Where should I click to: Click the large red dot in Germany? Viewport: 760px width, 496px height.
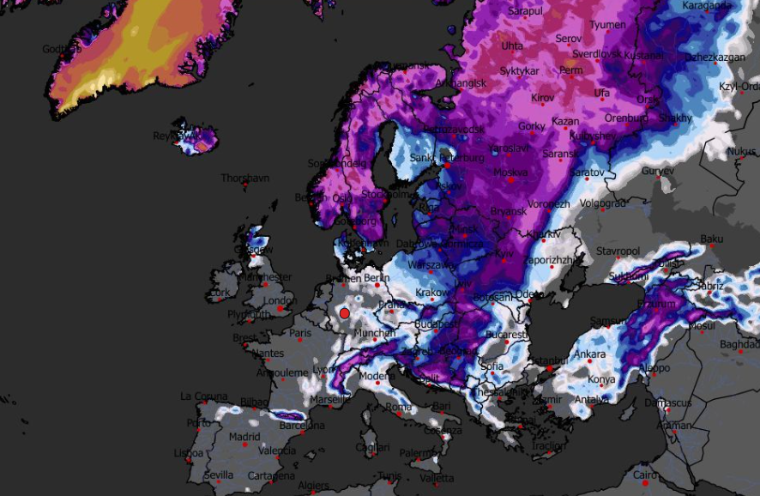pyautogui.click(x=345, y=314)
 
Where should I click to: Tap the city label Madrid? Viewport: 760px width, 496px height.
pyautogui.click(x=244, y=437)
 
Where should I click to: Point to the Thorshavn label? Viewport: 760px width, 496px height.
pyautogui.click(x=244, y=178)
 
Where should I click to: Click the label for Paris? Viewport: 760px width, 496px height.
pyautogui.click(x=299, y=333)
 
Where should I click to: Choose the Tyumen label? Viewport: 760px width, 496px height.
pyautogui.click(x=607, y=25)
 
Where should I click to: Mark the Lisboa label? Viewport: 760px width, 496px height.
pyautogui.click(x=188, y=452)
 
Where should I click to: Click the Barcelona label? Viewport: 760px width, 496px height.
pyautogui.click(x=302, y=425)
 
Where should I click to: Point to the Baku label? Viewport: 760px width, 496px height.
pyautogui.click(x=712, y=239)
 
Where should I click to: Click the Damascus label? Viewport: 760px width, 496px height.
pyautogui.click(x=668, y=402)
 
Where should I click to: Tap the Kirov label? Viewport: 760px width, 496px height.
pyautogui.click(x=542, y=99)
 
